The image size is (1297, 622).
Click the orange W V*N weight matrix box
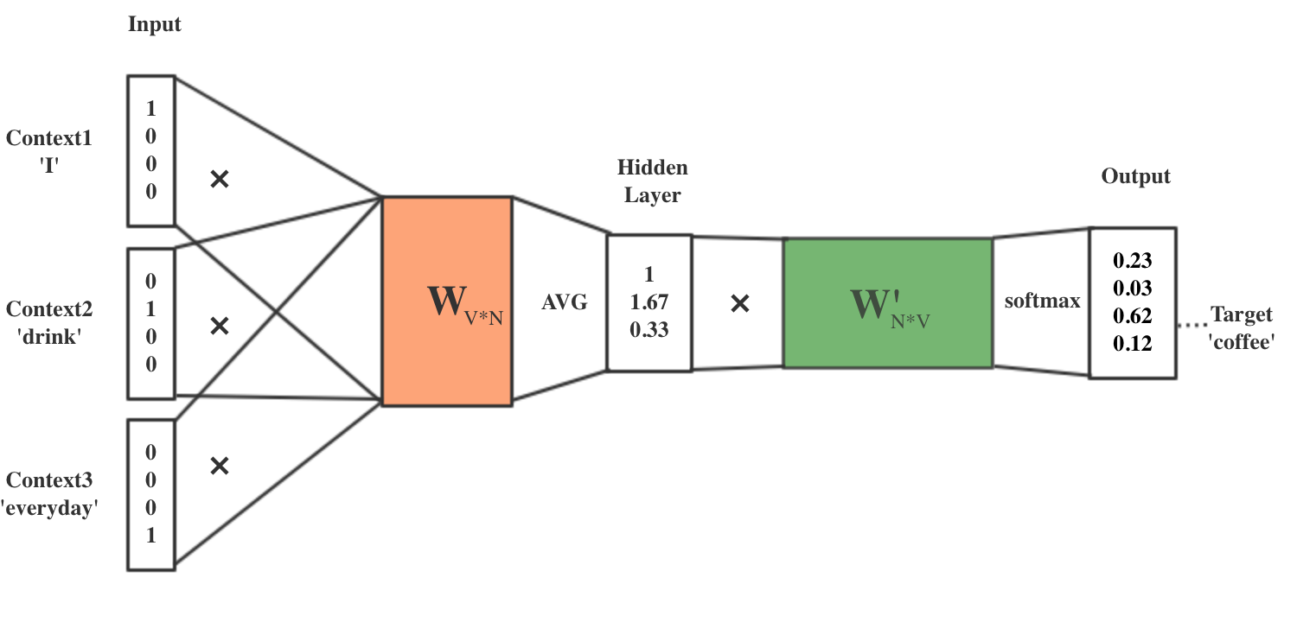pyautogui.click(x=446, y=301)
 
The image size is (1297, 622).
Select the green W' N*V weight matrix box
pyautogui.click(x=887, y=303)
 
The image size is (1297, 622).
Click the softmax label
pyautogui.click(x=1042, y=301)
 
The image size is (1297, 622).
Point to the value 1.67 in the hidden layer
pyautogui.click(x=648, y=302)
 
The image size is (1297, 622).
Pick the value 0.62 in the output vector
pyautogui.click(x=1132, y=315)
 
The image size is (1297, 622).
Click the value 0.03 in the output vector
pyautogui.click(x=1132, y=288)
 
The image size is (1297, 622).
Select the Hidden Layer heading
pyautogui.click(x=653, y=181)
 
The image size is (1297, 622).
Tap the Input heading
pyautogui.click(x=155, y=24)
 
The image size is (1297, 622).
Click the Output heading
pyautogui.click(x=1135, y=176)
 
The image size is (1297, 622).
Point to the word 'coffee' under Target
pyautogui.click(x=1242, y=342)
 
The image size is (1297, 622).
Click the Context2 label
pyautogui.click(x=49, y=309)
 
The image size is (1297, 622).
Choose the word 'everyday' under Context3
pyautogui.click(x=49, y=509)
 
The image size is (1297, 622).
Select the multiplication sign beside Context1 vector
pyautogui.click(x=220, y=179)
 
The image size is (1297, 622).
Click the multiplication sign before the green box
pyautogui.click(x=739, y=303)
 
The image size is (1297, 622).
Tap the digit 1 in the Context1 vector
pyautogui.click(x=151, y=109)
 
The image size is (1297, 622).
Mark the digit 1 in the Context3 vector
pyautogui.click(x=151, y=535)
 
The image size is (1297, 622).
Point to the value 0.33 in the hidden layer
pyautogui.click(x=648, y=329)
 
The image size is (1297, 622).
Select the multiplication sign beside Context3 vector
pyautogui.click(x=220, y=466)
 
